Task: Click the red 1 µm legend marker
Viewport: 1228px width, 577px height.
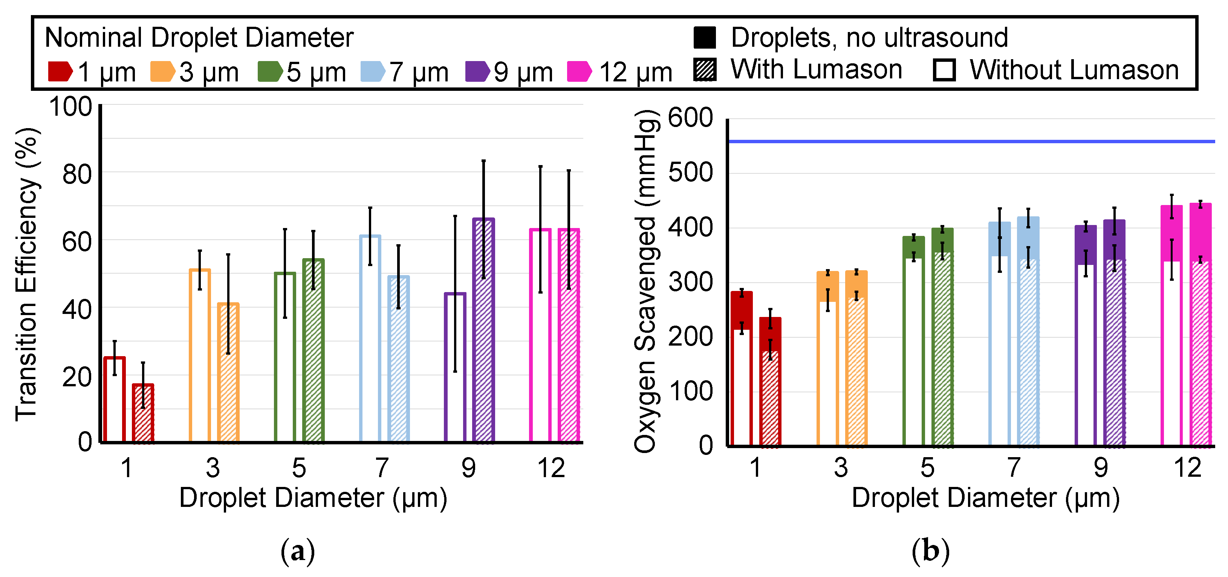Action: pyautogui.click(x=60, y=71)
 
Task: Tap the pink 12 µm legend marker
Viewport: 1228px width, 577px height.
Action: pyautogui.click(x=579, y=71)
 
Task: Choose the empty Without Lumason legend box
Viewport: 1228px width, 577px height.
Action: pyautogui.click(x=944, y=70)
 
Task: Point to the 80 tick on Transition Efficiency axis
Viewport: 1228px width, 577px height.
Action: pyautogui.click(x=77, y=174)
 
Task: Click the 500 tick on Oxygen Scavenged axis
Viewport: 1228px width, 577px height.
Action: pyautogui.click(x=690, y=173)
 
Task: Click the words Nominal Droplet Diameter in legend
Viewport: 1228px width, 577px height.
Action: pyautogui.click(x=199, y=38)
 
